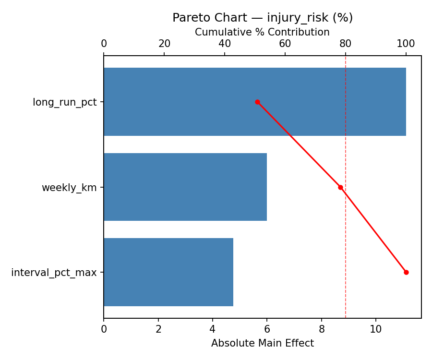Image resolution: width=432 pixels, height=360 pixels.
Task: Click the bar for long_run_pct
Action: coord(254,102)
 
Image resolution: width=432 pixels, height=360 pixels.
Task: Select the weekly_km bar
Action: coord(185,187)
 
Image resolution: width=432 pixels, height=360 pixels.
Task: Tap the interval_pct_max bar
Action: coord(168,272)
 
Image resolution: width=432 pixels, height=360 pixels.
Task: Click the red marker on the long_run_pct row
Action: coord(257,102)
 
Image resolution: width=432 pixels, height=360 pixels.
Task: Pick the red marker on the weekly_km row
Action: coord(340,187)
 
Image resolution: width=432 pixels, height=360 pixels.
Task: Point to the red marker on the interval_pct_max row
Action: coord(406,272)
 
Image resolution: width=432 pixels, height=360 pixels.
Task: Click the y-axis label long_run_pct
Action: coord(64,102)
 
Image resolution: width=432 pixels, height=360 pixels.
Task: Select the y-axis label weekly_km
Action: coord(69,188)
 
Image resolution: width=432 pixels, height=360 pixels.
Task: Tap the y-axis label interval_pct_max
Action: coord(54,273)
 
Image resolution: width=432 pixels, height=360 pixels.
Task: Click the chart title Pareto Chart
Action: coord(263,18)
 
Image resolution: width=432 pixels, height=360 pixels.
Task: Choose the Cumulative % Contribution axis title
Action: coord(262,32)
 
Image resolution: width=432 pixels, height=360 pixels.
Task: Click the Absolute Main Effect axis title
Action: coord(262,343)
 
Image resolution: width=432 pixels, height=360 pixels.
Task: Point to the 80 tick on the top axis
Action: coord(346,44)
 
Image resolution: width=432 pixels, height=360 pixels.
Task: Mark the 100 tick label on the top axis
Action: coord(406,44)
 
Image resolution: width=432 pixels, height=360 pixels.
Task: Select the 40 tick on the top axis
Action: coord(225,44)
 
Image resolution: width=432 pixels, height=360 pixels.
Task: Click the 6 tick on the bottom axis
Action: coord(267,329)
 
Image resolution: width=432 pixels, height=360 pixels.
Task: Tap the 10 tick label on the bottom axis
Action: coord(376,329)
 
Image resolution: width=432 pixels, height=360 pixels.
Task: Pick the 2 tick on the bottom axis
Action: coord(158,329)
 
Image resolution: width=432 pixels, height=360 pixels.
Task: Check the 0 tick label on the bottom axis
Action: coord(104,329)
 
